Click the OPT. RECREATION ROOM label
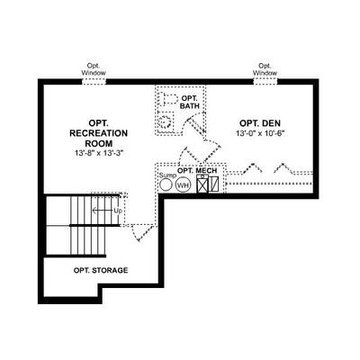tap(98, 133)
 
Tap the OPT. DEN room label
tap(260, 123)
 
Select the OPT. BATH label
tap(189, 102)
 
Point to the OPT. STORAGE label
tap(101, 270)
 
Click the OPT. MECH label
tap(197, 170)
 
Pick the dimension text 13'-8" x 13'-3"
tap(99, 153)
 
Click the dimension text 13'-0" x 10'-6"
tap(260, 133)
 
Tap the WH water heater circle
tap(183, 185)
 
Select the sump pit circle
tap(166, 184)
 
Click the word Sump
tap(167, 175)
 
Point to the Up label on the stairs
tap(118, 211)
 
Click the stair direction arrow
tap(102, 211)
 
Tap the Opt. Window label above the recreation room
tap(94, 69)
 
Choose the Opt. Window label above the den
tap(265, 69)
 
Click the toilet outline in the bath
tap(167, 99)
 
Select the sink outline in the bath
tap(166, 121)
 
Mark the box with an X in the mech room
tap(202, 184)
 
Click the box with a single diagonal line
tap(213, 184)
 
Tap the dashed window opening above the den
tap(265, 81)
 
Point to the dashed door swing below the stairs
tap(140, 231)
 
